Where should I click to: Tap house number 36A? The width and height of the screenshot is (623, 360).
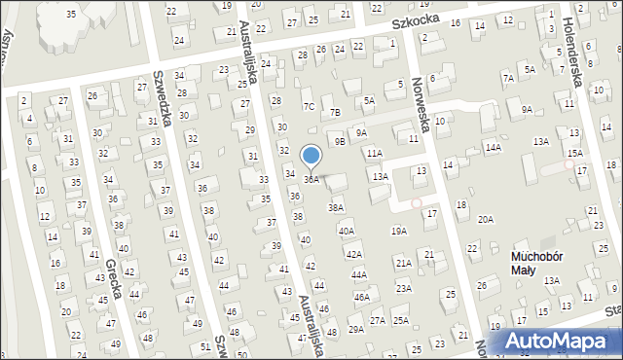point(311,180)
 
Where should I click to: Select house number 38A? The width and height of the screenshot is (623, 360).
point(336,207)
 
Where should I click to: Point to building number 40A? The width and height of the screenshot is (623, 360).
point(347,232)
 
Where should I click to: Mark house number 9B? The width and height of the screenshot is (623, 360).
point(340,141)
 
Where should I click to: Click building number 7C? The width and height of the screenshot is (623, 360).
point(309,106)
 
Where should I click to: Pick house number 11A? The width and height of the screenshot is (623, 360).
point(375,154)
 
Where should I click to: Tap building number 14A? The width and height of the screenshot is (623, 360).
point(493,148)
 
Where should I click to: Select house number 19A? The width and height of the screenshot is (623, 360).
point(399,232)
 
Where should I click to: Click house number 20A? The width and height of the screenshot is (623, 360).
point(485,220)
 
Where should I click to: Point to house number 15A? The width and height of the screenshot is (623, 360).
point(575,154)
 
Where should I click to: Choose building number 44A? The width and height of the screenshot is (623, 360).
point(359,275)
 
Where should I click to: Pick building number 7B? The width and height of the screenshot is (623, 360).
point(334,113)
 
